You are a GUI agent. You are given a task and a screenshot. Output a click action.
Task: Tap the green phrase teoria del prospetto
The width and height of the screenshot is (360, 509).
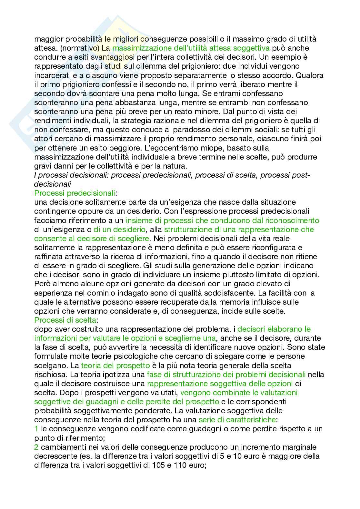coord(115,366)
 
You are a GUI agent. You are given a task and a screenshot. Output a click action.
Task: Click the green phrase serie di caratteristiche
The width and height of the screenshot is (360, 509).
coord(237,420)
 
